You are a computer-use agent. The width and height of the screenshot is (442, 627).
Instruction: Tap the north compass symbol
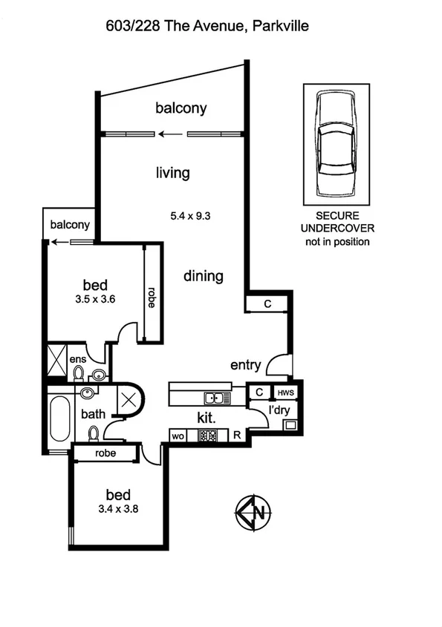253,512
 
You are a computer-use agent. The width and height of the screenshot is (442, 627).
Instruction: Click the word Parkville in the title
280,26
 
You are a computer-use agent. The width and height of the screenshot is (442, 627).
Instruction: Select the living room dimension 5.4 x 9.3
192,216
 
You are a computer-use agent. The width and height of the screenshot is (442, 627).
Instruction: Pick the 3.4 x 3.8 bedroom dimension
118,509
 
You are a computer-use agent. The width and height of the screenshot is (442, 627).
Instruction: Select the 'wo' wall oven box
179,436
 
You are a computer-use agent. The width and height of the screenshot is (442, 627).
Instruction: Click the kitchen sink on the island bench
218,398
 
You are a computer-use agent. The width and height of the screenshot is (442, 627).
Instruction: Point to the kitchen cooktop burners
207,436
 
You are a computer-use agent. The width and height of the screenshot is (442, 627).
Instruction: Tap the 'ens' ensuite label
77,360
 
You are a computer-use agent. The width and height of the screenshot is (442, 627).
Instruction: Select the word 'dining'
204,276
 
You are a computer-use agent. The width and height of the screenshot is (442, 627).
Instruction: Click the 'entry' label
245,364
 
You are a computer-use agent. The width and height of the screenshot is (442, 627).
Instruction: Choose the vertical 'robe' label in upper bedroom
151,297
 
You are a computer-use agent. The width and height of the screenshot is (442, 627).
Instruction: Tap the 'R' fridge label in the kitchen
236,436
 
